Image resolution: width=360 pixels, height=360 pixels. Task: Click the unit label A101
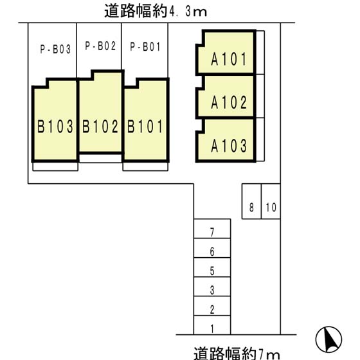pos(229,60)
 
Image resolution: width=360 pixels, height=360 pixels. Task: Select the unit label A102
pos(229,103)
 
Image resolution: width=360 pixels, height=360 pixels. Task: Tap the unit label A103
pos(229,146)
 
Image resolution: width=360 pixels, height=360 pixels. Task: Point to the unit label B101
pos(146,126)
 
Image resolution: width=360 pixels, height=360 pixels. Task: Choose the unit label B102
pos(101,126)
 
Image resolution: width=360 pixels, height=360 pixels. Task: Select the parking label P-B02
pos(100,46)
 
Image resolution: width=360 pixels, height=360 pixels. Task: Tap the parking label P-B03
pos(55,47)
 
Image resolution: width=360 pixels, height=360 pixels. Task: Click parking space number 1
pos(212,329)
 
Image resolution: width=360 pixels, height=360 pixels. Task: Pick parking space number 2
pos(212,310)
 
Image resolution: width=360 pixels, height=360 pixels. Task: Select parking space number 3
pos(212,291)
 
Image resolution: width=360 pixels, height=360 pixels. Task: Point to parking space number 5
pos(212,271)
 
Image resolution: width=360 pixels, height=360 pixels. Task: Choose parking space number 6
pos(212,251)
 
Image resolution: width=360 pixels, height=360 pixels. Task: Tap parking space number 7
pos(212,231)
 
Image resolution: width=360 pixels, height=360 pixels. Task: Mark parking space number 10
pos(271,208)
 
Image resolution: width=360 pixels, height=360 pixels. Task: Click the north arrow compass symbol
pos(328,339)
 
